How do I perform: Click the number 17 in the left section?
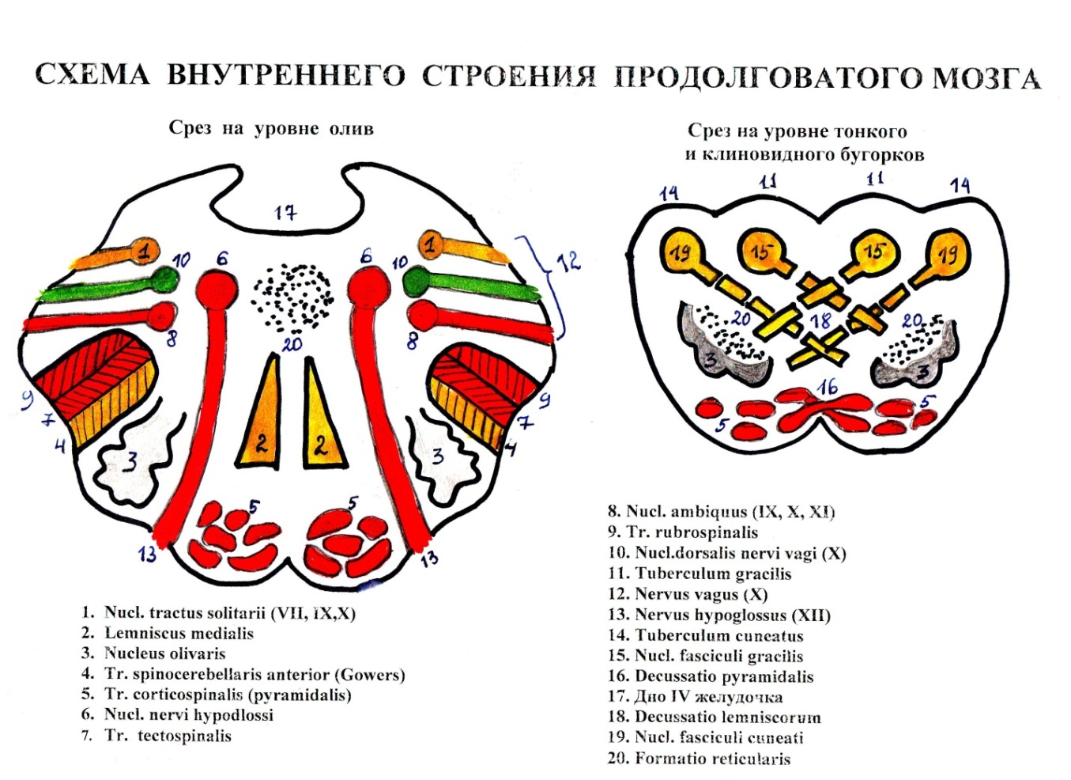[x=285, y=213]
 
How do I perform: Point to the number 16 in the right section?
[x=828, y=387]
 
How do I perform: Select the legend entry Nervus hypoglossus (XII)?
[x=732, y=615]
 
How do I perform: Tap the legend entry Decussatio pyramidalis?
[x=723, y=676]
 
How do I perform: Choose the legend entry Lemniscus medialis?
[x=178, y=633]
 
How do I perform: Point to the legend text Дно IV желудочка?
[x=707, y=697]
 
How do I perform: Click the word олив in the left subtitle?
[x=352, y=128]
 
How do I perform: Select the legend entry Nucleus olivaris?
[x=164, y=653]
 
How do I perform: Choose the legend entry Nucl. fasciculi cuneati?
[x=718, y=738]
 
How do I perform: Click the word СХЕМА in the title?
[x=92, y=75]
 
